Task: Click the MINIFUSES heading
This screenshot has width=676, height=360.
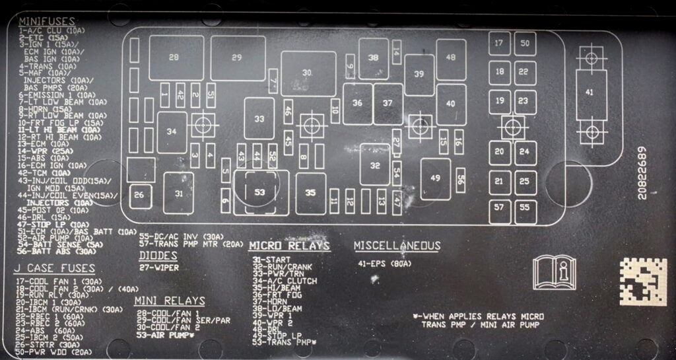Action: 46,22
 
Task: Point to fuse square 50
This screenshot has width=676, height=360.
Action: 525,44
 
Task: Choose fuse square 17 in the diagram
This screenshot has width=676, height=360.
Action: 500,44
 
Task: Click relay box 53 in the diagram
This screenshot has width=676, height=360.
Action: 261,193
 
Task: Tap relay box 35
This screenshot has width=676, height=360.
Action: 311,194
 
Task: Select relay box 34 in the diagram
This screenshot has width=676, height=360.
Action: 172,132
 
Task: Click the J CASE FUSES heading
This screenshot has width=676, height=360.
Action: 55,269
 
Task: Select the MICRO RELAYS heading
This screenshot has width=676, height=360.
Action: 288,246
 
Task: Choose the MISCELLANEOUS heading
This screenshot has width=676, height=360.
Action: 397,246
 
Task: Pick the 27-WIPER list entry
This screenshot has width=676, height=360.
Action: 158,268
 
